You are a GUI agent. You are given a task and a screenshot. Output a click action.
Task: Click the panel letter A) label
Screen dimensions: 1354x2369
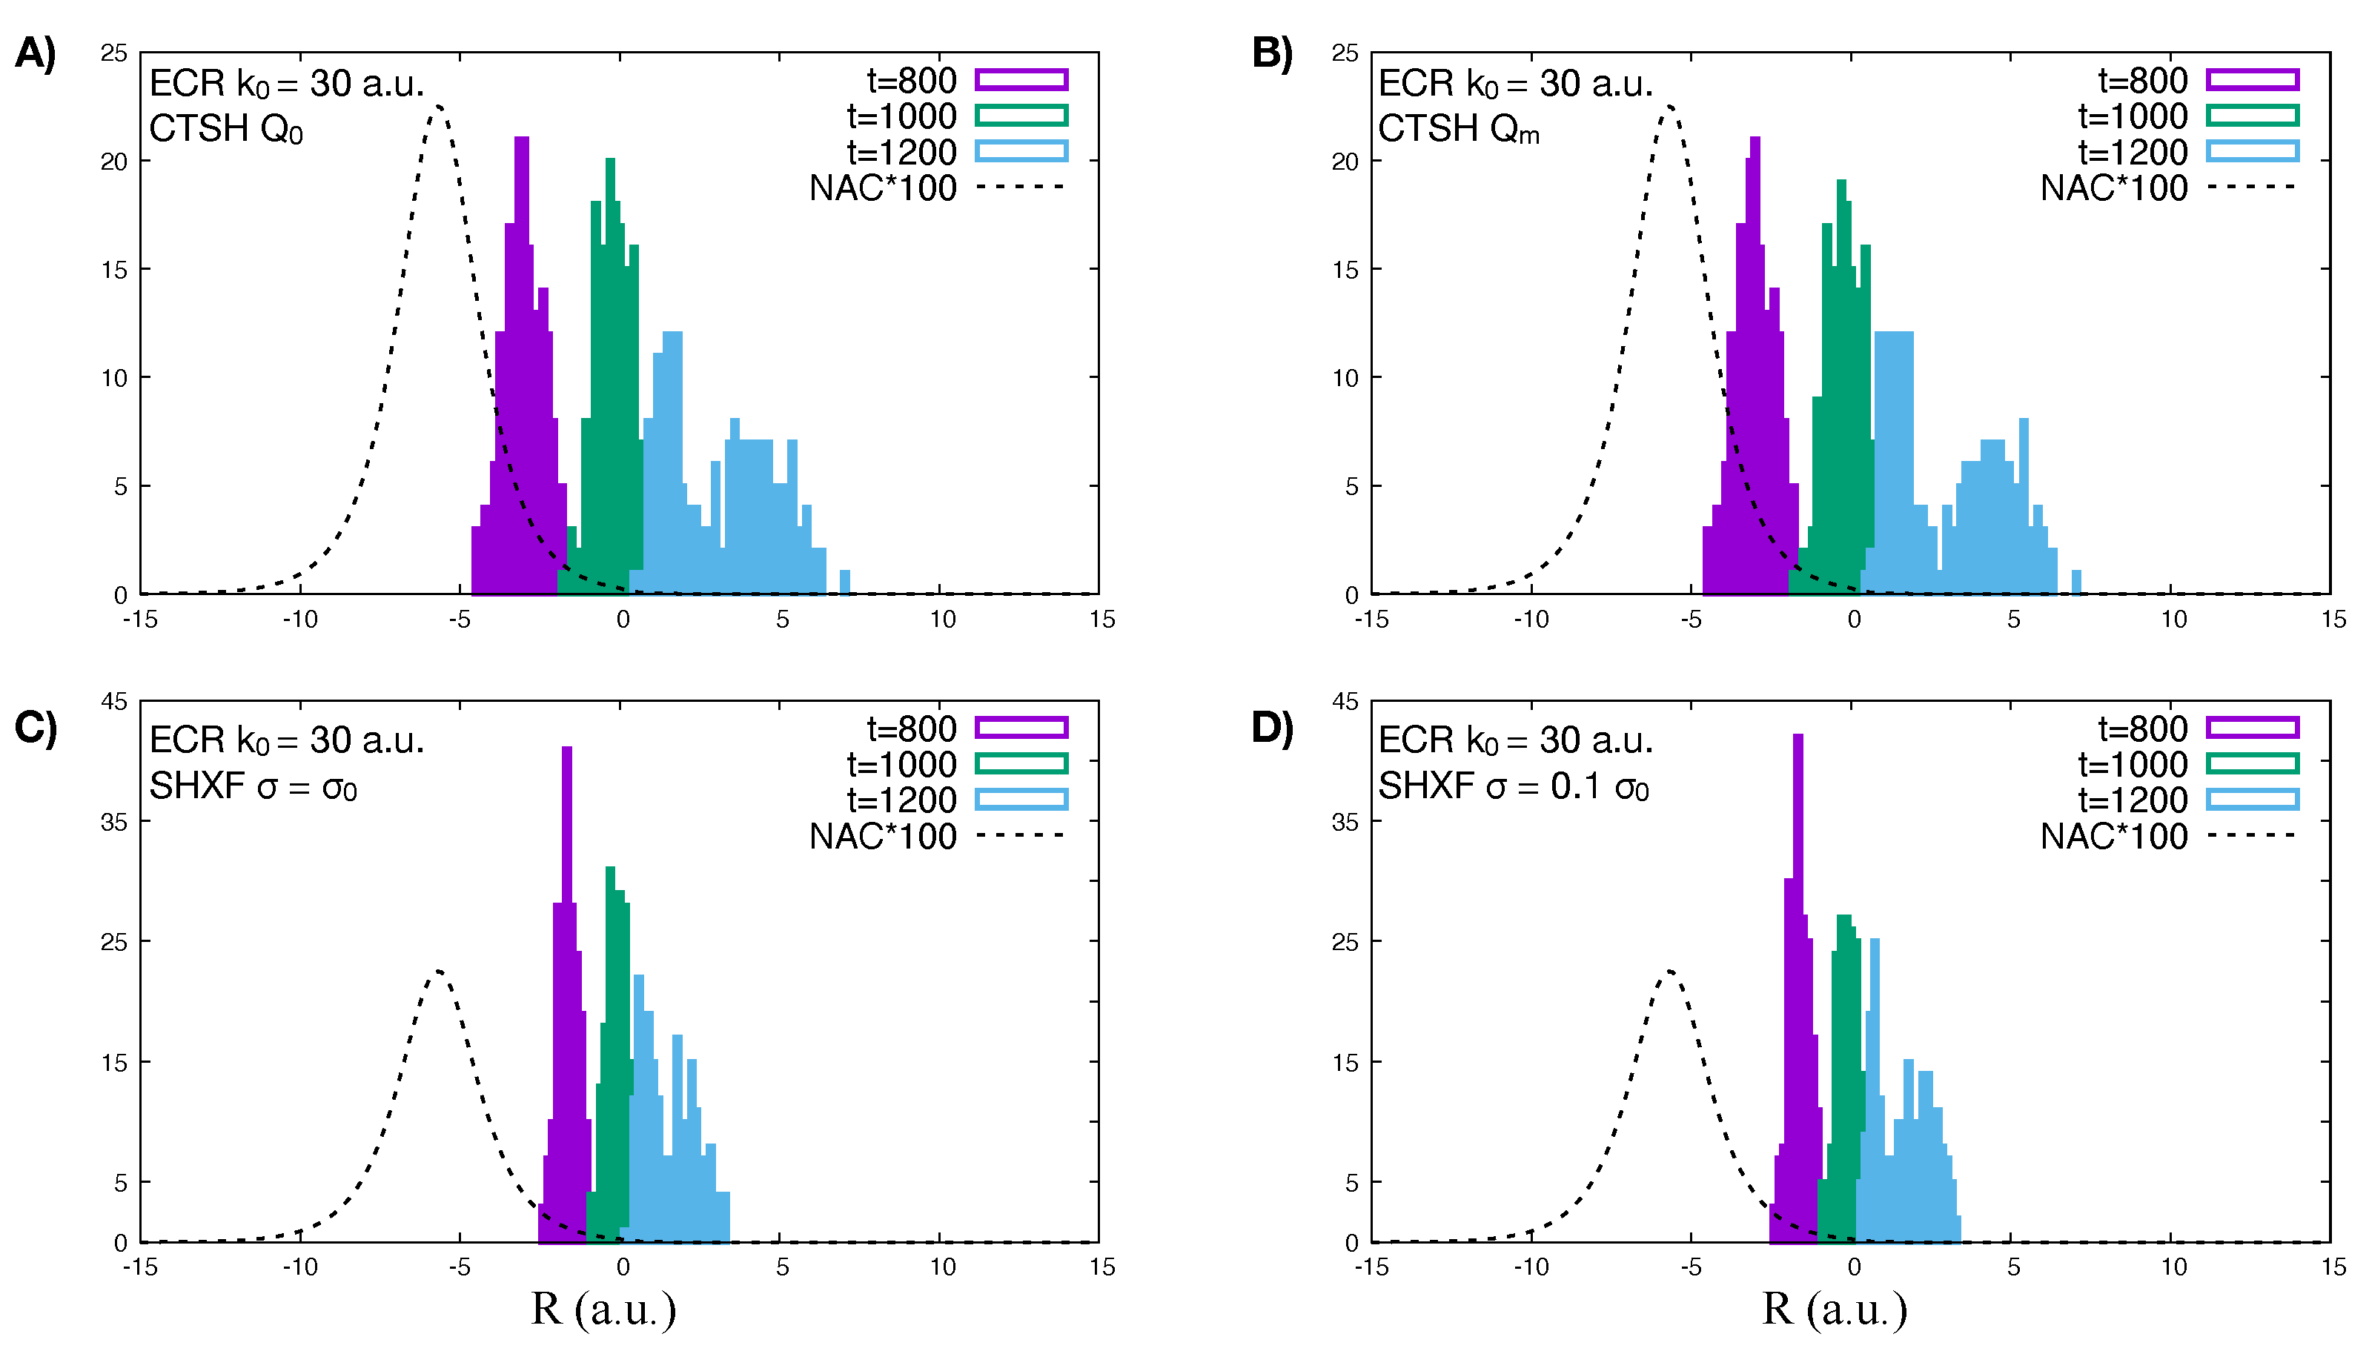click(x=36, y=53)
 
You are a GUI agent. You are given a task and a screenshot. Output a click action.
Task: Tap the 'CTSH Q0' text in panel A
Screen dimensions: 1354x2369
click(x=226, y=129)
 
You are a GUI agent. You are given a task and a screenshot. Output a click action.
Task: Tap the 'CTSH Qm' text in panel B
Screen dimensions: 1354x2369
click(x=1457, y=129)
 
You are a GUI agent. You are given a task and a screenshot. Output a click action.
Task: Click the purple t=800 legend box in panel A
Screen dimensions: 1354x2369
click(x=1021, y=80)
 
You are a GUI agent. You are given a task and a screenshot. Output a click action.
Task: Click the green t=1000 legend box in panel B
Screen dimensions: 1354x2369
click(x=2252, y=116)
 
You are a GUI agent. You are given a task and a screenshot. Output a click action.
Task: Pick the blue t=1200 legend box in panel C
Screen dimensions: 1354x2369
click(x=1021, y=800)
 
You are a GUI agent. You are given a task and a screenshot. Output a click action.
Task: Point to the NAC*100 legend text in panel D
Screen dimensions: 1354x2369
click(x=2113, y=836)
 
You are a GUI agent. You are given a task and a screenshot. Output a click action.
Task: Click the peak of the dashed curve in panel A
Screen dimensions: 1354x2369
click(x=438, y=107)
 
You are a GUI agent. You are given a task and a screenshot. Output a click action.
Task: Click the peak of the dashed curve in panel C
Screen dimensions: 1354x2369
click(x=438, y=972)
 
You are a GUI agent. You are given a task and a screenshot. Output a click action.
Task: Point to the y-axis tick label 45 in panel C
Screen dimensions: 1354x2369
click(x=114, y=702)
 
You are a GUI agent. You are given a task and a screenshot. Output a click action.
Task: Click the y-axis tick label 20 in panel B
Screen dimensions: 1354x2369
click(x=1344, y=162)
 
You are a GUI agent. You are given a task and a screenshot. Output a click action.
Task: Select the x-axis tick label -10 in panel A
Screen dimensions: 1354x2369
click(x=299, y=620)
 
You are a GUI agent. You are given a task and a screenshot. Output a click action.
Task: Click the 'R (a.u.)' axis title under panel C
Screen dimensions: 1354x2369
click(x=603, y=1310)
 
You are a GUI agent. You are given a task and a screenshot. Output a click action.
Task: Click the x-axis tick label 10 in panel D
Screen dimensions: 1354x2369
click(x=2173, y=1267)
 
